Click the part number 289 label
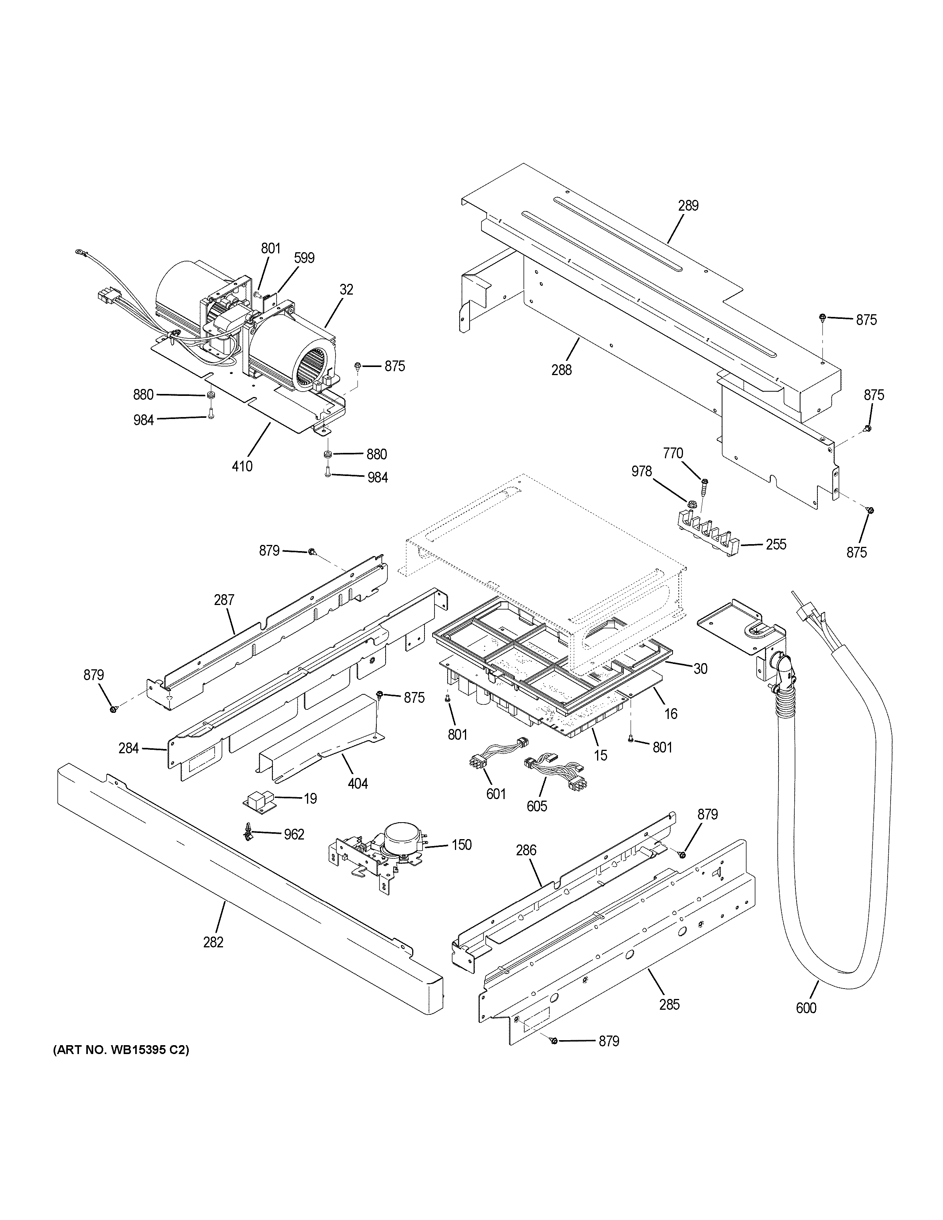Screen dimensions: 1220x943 click(x=688, y=206)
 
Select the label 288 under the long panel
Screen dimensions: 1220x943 click(x=561, y=370)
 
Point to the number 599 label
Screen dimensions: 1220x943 click(x=304, y=258)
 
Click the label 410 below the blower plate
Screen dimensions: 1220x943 click(x=242, y=466)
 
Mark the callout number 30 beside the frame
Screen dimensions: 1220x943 click(x=700, y=668)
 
